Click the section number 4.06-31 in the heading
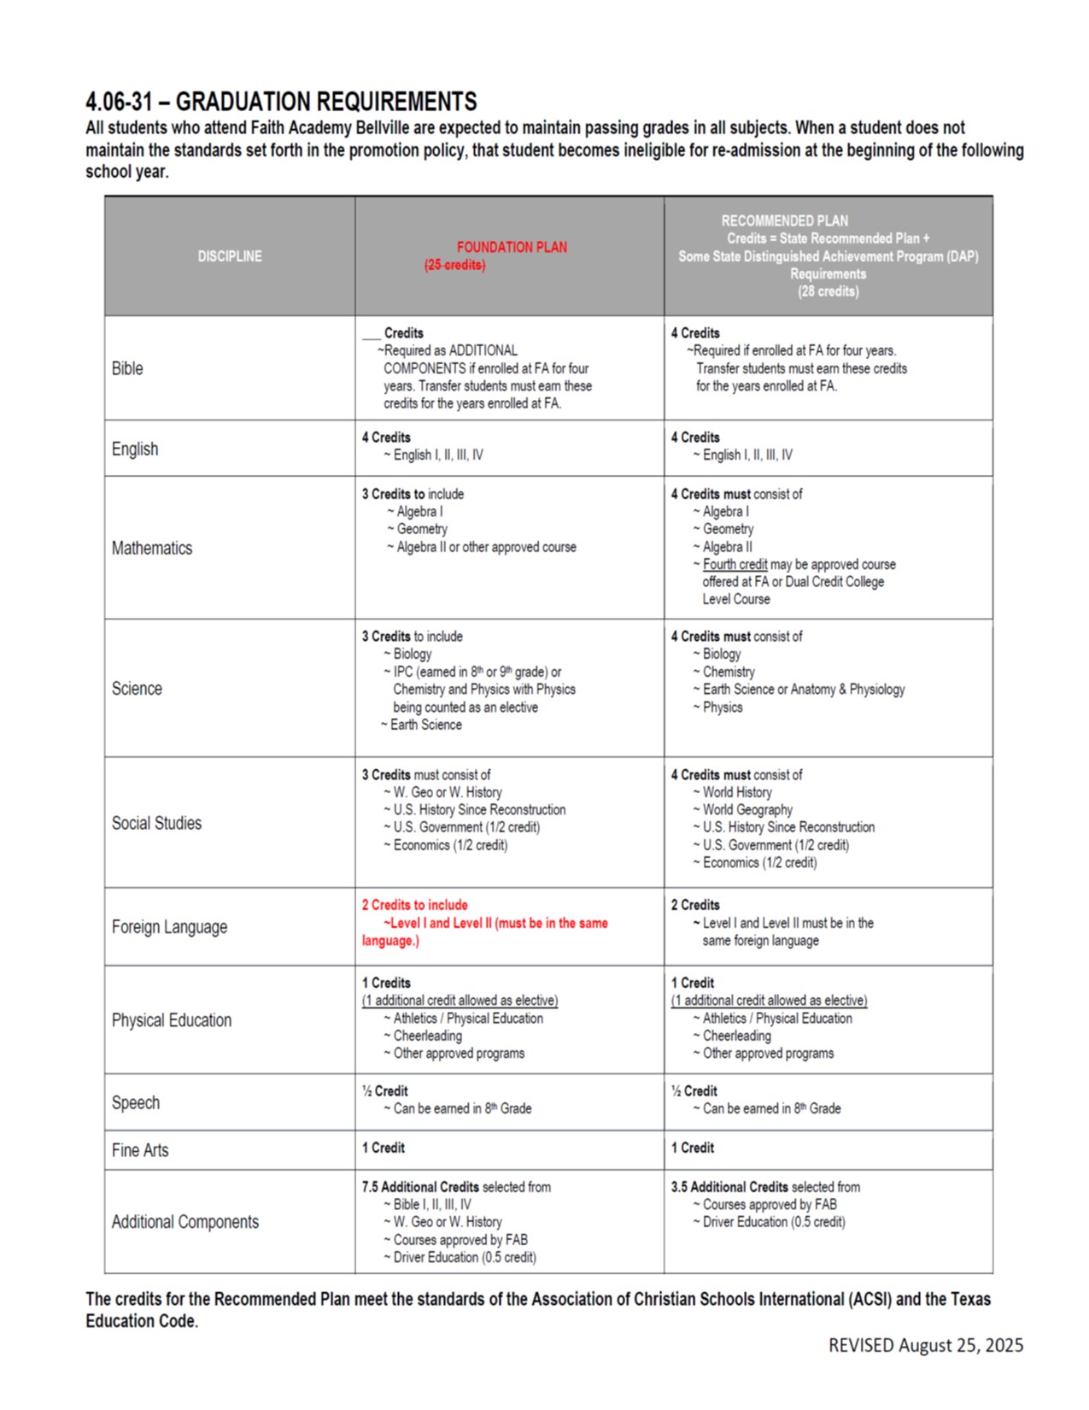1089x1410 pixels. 119,103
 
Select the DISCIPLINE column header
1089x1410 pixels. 230,256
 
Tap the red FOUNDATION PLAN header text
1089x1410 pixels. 512,247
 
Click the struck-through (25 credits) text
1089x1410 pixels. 454,265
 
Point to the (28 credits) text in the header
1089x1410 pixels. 828,291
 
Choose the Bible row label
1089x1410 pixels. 127,368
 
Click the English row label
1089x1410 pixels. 135,449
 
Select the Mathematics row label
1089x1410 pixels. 152,548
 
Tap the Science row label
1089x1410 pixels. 137,689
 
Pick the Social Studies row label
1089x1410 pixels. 156,823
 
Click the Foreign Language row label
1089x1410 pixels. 169,927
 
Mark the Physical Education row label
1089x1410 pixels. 172,1020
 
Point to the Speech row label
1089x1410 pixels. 136,1102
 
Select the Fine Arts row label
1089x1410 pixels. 140,1150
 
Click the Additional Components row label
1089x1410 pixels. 185,1222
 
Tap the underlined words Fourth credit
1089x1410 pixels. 735,565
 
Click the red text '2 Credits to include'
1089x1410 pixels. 415,905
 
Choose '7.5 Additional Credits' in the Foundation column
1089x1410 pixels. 420,1187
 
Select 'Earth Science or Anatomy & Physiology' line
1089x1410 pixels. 803,690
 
